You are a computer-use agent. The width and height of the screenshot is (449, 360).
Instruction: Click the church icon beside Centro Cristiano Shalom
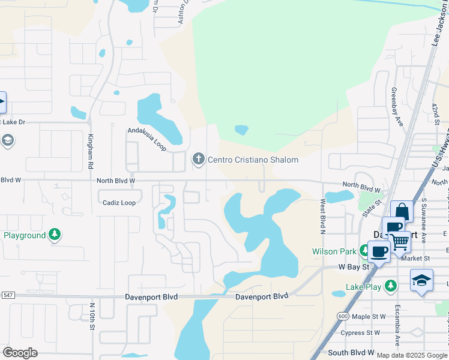(198, 159)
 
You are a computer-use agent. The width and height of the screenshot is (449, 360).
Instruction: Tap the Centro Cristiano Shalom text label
(253, 160)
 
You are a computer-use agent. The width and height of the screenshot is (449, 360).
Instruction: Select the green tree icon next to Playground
(55, 235)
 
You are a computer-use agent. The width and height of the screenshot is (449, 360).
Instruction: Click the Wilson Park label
(333, 251)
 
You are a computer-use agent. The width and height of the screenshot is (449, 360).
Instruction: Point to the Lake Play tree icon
(391, 286)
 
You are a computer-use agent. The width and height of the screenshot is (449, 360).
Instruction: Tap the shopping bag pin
(402, 212)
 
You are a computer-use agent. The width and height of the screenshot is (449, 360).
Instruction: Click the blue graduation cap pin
(421, 280)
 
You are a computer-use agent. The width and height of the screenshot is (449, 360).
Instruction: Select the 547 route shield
(7, 295)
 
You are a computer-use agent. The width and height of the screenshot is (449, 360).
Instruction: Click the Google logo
(20, 353)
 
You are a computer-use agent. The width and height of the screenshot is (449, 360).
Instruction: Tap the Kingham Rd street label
(91, 151)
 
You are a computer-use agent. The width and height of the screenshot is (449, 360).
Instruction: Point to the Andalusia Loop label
(146, 137)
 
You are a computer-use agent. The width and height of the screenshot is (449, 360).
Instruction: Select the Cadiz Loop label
(119, 203)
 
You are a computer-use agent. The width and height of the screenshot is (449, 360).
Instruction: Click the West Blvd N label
(322, 216)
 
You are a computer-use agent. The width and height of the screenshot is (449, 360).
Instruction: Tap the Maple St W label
(369, 316)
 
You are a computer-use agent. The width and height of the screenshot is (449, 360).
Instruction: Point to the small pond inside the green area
(241, 130)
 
